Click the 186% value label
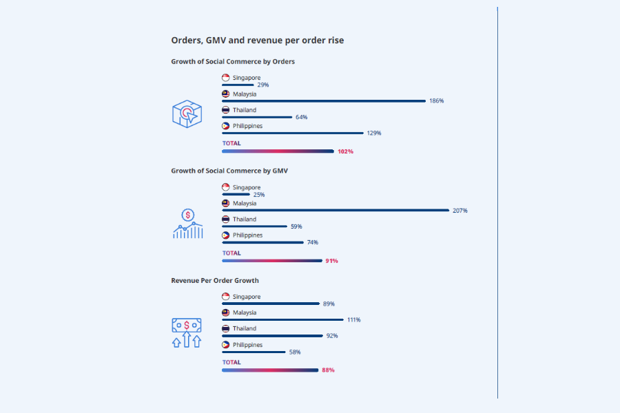[436, 101]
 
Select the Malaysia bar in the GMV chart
[335, 210]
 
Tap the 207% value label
[460, 211]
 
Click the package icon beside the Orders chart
[187, 114]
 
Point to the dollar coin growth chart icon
[187, 224]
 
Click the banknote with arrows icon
[187, 332]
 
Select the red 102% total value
[345, 151]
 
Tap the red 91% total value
[331, 261]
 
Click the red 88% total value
[328, 370]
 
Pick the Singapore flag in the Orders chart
[225, 78]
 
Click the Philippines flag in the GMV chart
[225, 235]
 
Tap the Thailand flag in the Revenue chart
[225, 329]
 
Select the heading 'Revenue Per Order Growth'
[215, 281]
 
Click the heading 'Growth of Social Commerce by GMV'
[229, 171]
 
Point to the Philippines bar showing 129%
[292, 133]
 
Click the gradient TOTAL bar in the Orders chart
[278, 151]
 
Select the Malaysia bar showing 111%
[282, 319]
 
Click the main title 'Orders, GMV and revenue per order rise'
[258, 41]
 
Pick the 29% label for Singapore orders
[262, 85]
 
